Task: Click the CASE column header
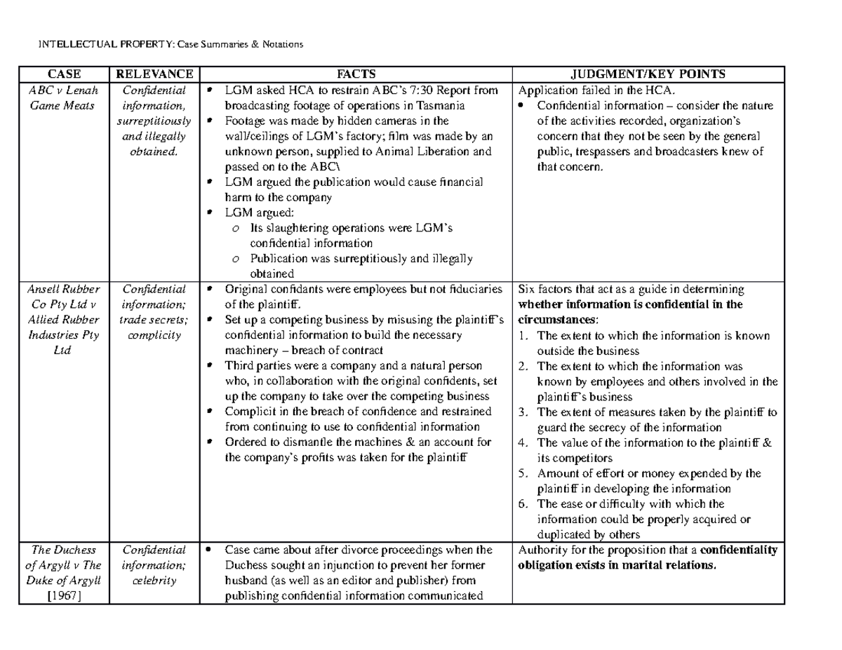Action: (63, 74)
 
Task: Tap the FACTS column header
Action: (356, 74)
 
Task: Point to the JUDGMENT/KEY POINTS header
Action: (648, 74)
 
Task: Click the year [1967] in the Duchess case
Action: (63, 597)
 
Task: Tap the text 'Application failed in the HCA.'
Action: (596, 90)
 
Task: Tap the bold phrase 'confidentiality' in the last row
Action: (739, 550)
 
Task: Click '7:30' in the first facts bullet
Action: (404, 90)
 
